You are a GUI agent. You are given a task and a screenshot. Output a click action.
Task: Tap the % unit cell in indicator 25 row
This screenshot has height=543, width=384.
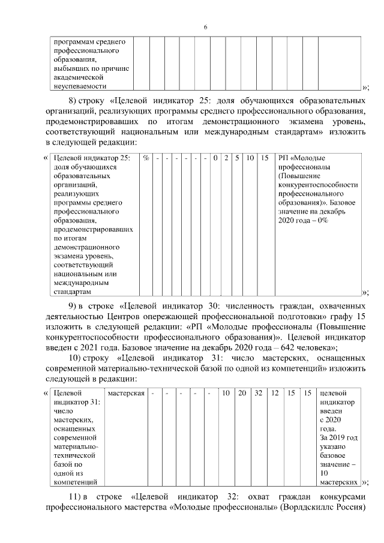tap(146, 158)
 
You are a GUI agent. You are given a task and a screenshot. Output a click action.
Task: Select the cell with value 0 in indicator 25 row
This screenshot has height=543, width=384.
tap(215, 158)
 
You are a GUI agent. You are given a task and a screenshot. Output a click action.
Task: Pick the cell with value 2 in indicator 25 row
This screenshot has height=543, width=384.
tap(226, 158)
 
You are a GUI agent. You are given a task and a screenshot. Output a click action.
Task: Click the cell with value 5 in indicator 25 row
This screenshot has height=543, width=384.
tap(238, 158)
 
